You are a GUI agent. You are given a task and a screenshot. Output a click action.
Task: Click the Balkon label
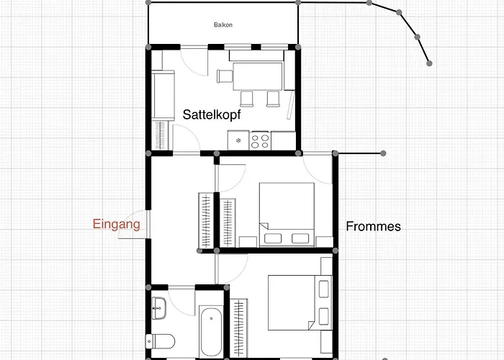pos(223,24)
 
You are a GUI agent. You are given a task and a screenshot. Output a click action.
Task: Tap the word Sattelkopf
pos(212,114)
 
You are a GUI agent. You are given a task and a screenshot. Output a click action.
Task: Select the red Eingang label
pos(117,224)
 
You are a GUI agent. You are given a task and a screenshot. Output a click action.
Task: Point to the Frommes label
pos(373,227)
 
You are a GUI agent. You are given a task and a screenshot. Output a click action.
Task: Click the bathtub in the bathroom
pos(211,331)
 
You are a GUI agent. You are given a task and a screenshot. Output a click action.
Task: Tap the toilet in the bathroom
pos(160,341)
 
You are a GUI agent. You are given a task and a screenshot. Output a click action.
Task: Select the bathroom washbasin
pos(159,308)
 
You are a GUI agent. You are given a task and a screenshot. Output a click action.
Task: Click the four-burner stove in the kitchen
pos(260,141)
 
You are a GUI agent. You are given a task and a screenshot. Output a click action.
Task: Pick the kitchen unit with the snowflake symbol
pos(238,140)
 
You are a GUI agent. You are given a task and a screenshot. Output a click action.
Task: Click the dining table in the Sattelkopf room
pos(258,76)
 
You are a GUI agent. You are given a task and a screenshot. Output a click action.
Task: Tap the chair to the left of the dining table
pos(225,76)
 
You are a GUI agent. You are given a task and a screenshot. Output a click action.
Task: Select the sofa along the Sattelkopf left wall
pos(163,96)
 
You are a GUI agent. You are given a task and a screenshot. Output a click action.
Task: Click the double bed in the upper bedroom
pos(287,215)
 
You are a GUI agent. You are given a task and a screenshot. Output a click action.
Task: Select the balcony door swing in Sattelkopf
pos(194,61)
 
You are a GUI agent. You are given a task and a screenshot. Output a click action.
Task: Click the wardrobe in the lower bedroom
pos(239,328)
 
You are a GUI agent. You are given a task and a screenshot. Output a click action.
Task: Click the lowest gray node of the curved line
pos(429,63)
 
